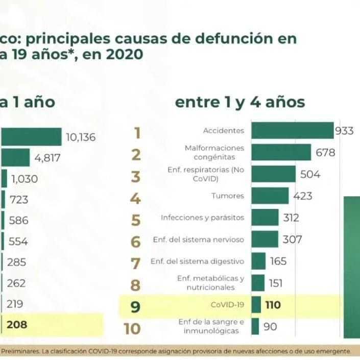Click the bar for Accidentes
tap(292, 131)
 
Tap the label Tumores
tap(227, 196)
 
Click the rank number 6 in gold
tap(135, 241)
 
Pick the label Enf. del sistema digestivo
tap(197, 261)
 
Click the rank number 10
tap(132, 328)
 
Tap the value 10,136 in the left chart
tap(81, 137)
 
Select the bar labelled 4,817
tap(15, 158)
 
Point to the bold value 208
tap(17, 324)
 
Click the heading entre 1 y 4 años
tap(240, 102)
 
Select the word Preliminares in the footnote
tap(18, 351)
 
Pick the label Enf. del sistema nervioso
tap(198, 239)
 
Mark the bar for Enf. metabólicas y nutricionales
tap(258, 283)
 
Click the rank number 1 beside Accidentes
tap(136, 133)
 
